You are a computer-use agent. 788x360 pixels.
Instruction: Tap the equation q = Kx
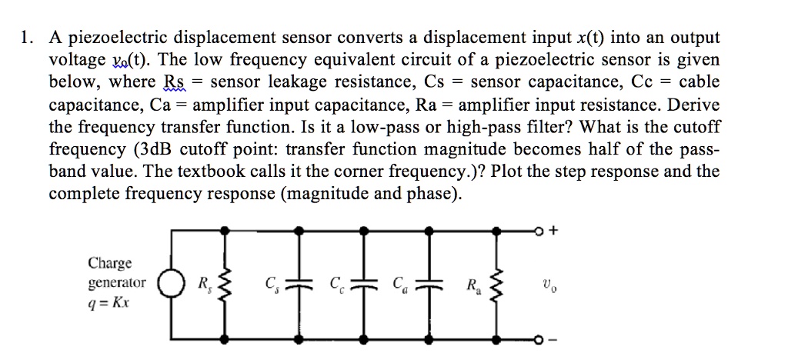(109, 302)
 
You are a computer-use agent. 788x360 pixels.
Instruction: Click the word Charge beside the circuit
(109, 264)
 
